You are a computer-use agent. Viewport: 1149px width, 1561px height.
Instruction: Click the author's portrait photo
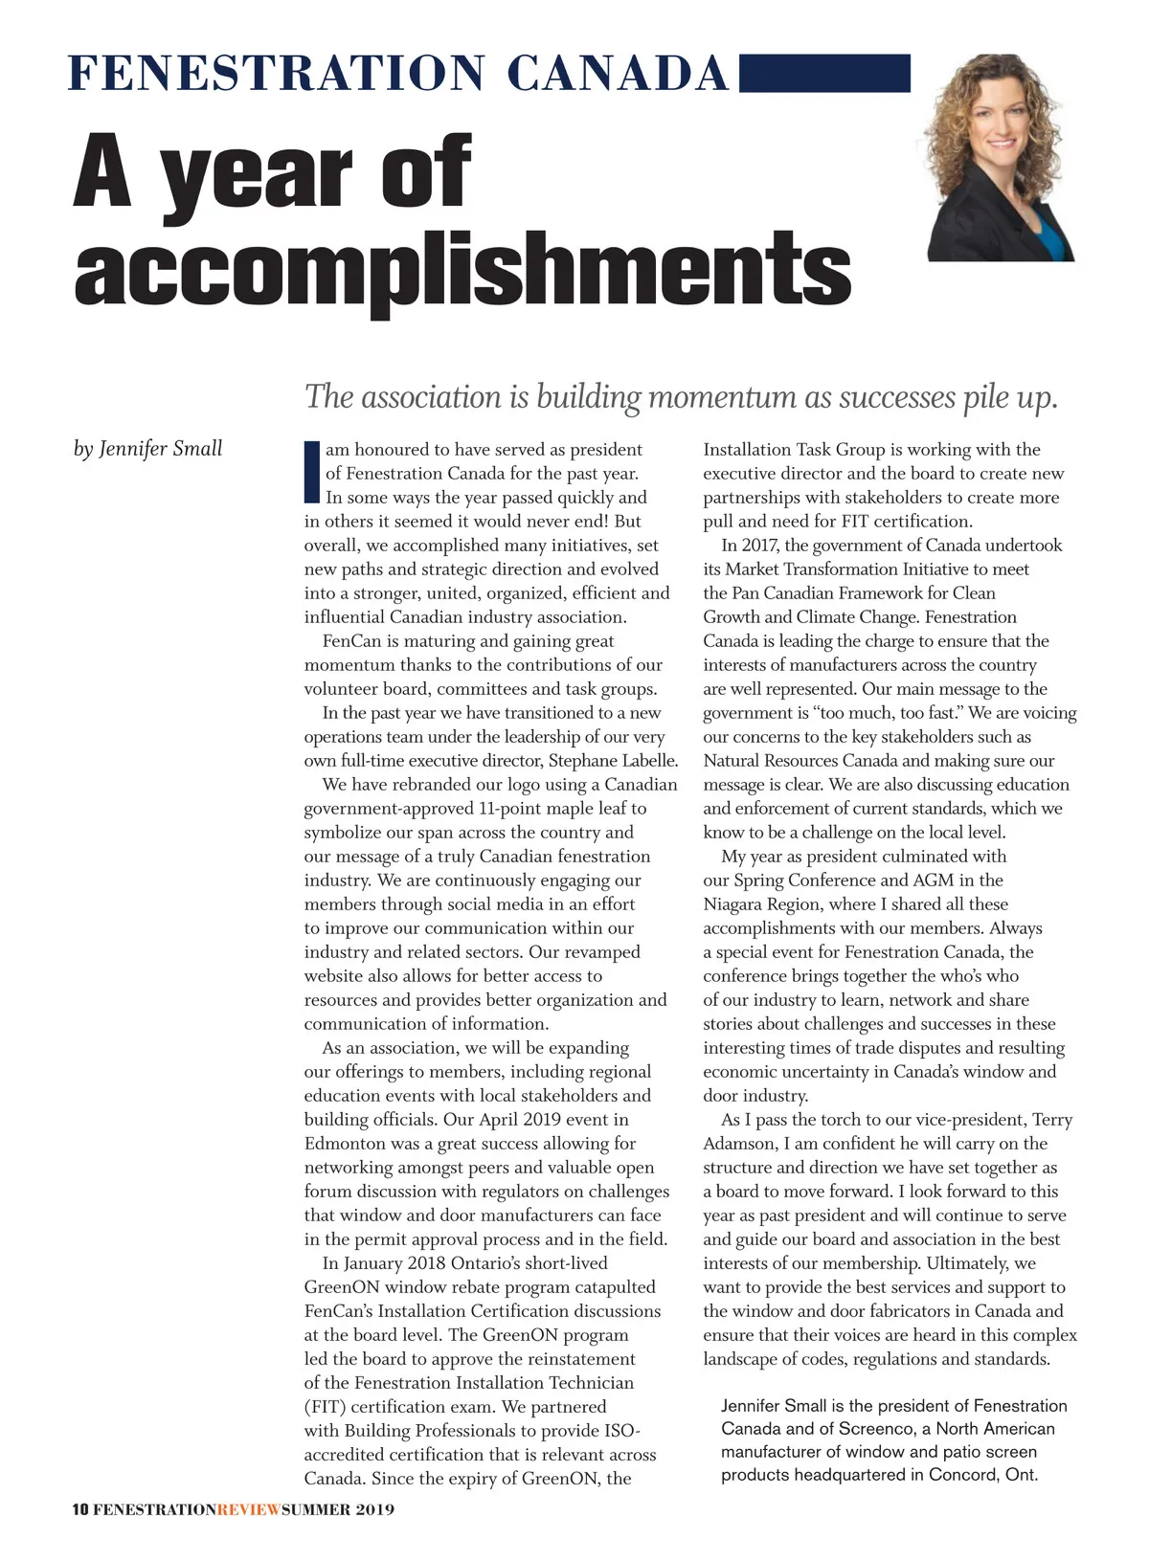tap(1001, 158)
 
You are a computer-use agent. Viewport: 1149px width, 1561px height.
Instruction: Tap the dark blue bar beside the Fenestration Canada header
tap(824, 73)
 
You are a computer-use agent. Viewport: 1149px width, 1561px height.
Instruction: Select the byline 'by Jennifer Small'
tap(147, 449)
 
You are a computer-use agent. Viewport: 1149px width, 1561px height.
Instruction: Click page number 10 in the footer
tap(80, 1510)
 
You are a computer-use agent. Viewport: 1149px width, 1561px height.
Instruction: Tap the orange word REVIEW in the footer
tap(249, 1510)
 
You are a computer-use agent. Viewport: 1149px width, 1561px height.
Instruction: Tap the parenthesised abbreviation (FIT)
tap(323, 1407)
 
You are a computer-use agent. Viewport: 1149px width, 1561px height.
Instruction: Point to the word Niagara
tap(735, 904)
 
